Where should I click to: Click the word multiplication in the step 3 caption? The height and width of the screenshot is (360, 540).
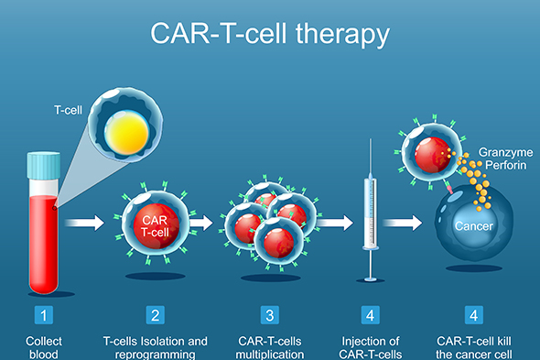tap(269, 354)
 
